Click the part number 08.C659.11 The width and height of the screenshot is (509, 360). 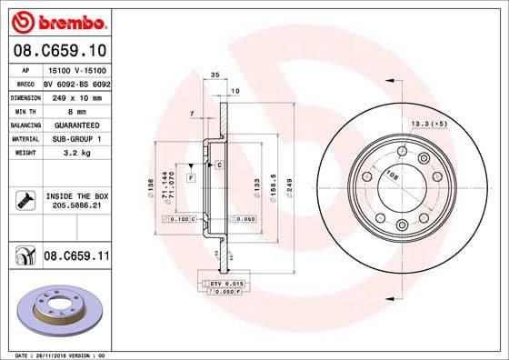pos(75,257)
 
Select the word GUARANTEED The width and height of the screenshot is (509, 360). pos(70,124)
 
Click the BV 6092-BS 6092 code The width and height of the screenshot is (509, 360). pos(77,82)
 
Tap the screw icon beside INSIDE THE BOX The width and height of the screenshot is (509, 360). pos(23,200)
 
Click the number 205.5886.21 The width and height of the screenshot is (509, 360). pos(76,206)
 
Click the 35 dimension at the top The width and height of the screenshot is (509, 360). pos(215,75)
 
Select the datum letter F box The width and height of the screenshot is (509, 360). pos(191,175)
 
